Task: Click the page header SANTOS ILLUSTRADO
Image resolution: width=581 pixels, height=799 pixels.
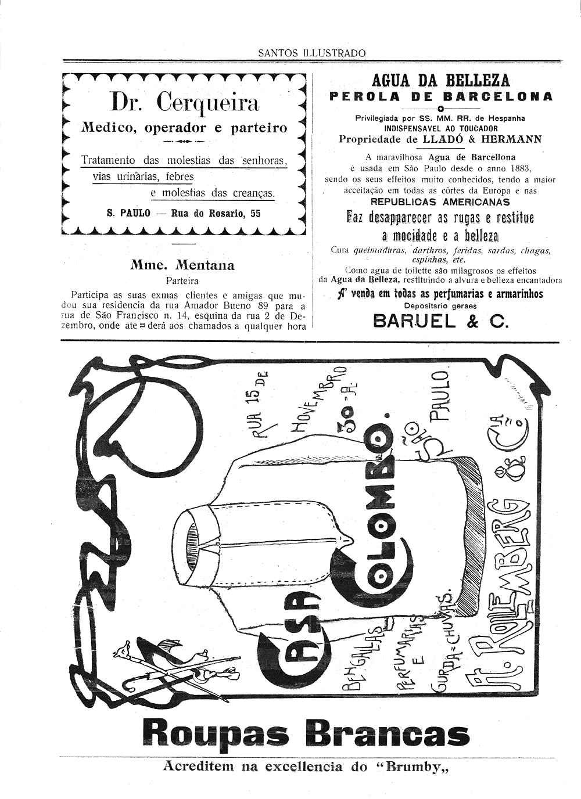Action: [312, 53]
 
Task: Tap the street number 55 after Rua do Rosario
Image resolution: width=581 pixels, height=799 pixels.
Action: [255, 213]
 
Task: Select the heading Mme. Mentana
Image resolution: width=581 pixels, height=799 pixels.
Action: [182, 265]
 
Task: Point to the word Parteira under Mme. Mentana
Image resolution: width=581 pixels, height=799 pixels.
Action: [182, 280]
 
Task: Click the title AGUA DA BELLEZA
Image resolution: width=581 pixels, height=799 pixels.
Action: [440, 80]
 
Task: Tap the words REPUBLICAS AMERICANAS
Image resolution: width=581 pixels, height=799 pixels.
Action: [440, 202]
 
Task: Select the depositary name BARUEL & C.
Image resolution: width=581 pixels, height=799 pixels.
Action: [440, 321]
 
